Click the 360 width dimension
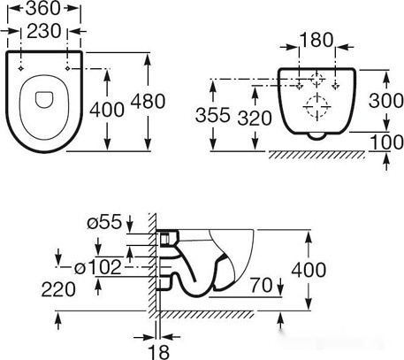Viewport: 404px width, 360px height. tap(50, 11)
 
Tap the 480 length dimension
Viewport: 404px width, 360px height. tap(148, 101)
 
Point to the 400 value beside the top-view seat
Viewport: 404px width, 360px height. tap(106, 110)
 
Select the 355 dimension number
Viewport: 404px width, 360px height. tap(213, 116)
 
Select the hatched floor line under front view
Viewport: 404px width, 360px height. tap(316, 156)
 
